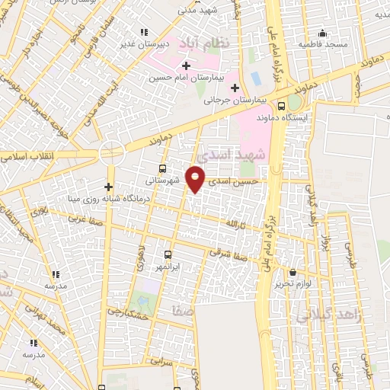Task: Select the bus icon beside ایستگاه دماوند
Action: tap(281, 106)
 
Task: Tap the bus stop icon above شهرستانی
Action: tap(161, 169)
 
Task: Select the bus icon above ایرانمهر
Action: tap(168, 256)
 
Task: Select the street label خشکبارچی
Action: tap(126, 312)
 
